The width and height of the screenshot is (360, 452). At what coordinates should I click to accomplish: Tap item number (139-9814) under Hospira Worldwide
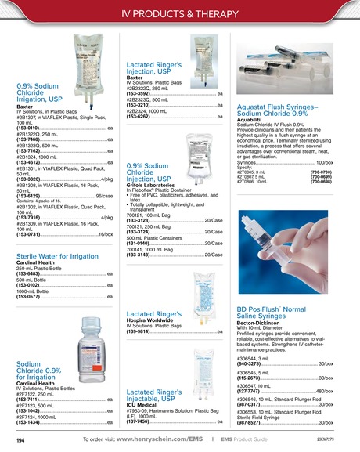coord(142,331)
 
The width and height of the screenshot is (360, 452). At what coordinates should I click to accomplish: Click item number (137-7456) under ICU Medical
coord(142,421)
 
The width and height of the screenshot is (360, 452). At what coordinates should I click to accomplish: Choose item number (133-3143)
coord(142,255)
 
